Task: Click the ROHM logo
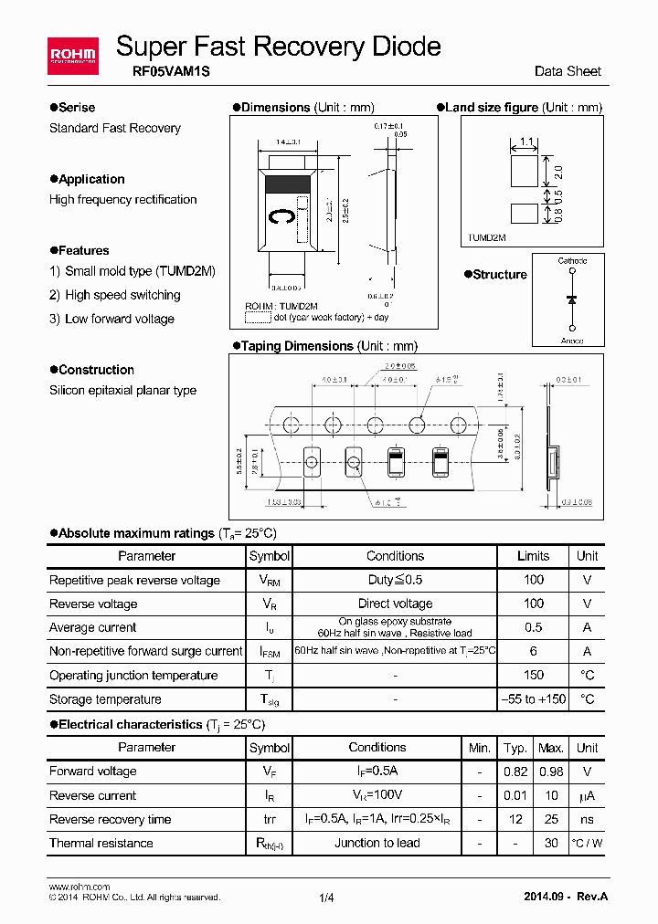[72, 56]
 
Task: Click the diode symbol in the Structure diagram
[572, 299]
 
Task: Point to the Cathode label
[572, 261]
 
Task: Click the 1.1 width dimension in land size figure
[526, 142]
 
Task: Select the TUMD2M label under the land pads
[487, 237]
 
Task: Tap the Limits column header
[533, 556]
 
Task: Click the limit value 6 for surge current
[533, 651]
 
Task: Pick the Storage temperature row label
[105, 699]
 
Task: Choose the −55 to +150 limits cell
[533, 699]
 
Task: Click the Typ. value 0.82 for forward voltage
[516, 772]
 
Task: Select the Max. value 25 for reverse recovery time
[551, 819]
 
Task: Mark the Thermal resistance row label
[101, 843]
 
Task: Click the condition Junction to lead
[377, 843]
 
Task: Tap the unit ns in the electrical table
[587, 819]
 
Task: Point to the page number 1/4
[327, 898]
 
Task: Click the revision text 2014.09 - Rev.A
[566, 896]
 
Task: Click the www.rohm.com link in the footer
[79, 887]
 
